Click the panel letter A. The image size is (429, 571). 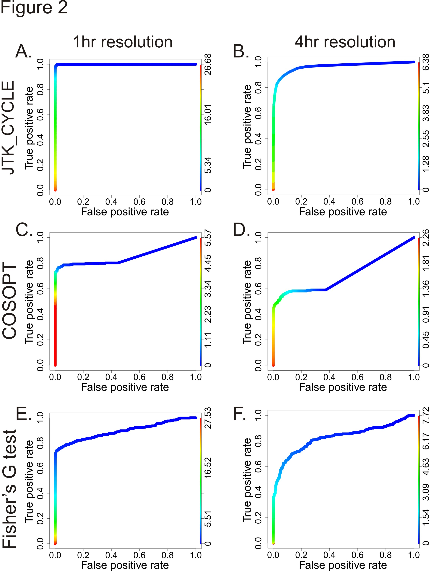(24, 51)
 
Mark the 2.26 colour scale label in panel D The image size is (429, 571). (426, 237)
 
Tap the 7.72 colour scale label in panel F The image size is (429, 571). (426, 415)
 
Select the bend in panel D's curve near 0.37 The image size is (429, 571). (326, 290)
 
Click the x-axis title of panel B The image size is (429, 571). (343, 212)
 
